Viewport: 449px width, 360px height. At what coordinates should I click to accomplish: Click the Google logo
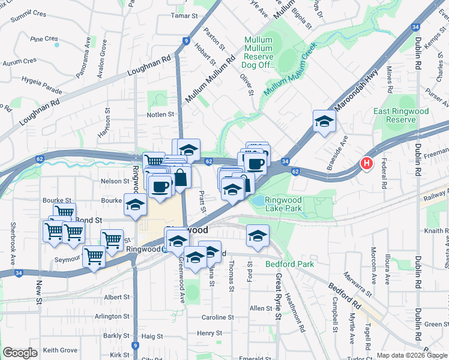click(20, 353)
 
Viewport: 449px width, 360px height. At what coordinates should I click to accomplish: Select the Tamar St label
click(184, 16)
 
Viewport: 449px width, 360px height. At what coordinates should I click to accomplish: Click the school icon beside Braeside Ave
click(324, 122)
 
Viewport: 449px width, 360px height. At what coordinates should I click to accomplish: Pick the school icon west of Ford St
click(258, 236)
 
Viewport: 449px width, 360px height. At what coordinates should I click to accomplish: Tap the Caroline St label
click(217, 317)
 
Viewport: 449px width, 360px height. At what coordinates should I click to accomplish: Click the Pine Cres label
click(44, 38)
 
